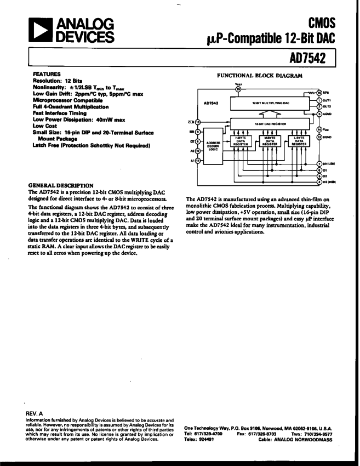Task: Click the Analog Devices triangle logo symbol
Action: [x=39, y=32]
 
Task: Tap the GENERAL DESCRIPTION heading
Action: [x=61, y=185]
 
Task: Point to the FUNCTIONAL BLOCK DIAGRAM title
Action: [x=259, y=75]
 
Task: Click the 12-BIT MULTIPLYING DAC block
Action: [x=263, y=103]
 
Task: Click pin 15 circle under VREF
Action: [x=238, y=89]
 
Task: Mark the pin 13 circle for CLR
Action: [x=198, y=122]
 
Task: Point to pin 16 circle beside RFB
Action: [x=319, y=93]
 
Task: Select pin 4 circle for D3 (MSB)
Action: [x=319, y=181]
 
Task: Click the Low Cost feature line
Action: [x=44, y=126]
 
